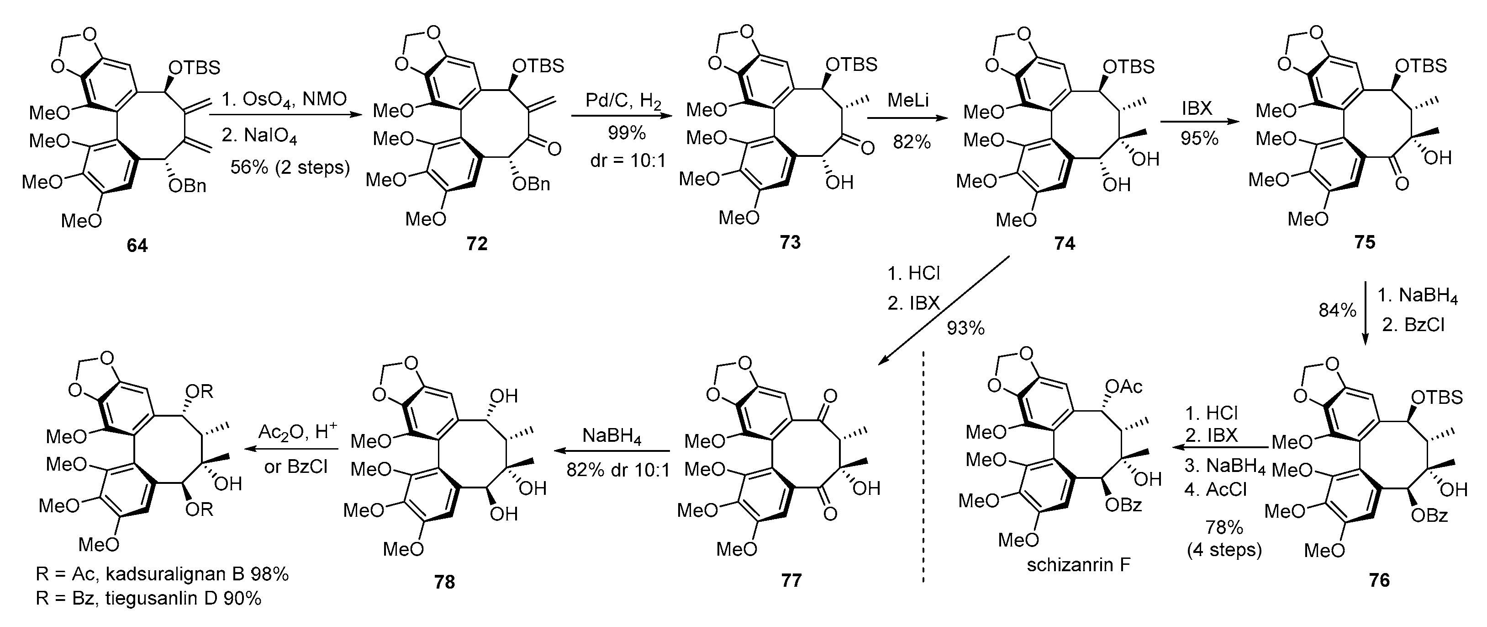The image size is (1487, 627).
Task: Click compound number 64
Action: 137,246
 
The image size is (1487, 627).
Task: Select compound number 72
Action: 477,244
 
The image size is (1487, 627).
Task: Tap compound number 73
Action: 790,242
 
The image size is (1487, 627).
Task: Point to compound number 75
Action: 1365,242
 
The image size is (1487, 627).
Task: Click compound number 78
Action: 444,581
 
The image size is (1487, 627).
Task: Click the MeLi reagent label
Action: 907,101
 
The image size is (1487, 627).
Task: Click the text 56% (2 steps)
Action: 290,167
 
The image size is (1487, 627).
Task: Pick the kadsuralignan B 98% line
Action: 162,574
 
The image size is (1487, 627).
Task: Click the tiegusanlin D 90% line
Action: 148,599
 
